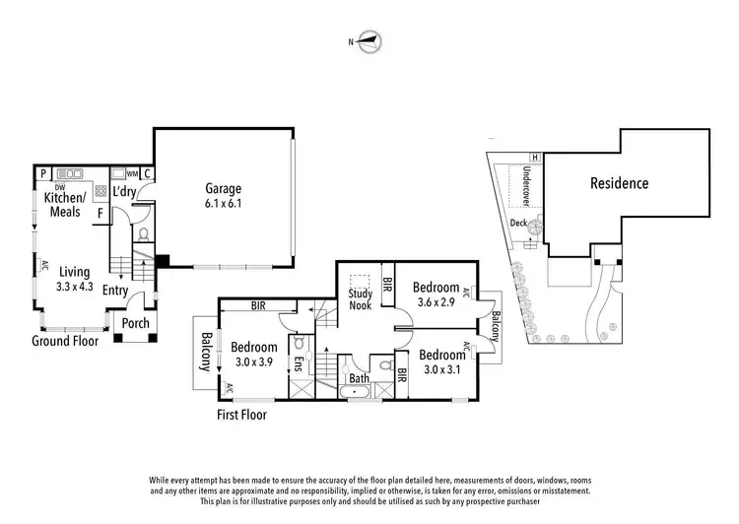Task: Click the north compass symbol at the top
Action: (x=370, y=41)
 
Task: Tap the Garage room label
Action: (x=224, y=188)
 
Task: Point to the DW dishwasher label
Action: (x=59, y=187)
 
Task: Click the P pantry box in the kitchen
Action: (x=43, y=173)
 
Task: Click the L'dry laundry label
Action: (x=124, y=191)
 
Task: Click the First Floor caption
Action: (x=241, y=415)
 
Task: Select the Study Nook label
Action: (x=360, y=298)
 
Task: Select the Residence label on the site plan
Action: (x=619, y=182)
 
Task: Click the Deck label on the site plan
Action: (x=518, y=224)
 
